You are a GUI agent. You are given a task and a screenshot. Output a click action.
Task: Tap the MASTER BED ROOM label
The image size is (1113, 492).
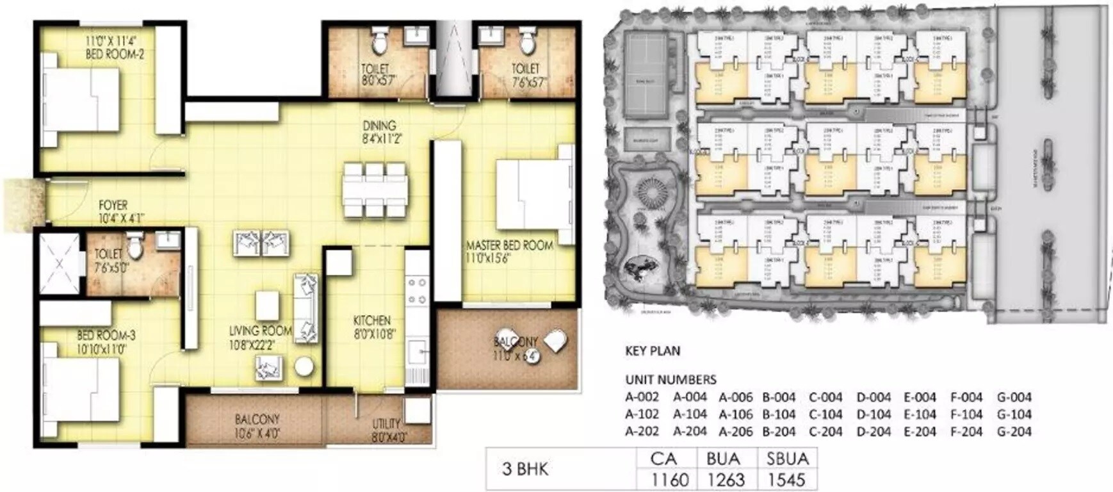(x=509, y=245)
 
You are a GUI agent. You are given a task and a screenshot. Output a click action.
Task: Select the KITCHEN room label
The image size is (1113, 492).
(x=371, y=320)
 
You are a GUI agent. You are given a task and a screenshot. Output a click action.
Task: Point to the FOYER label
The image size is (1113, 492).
(x=113, y=206)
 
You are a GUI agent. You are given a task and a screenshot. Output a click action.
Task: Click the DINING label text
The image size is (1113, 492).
(x=379, y=126)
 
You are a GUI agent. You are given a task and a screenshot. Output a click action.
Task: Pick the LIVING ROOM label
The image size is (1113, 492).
(x=260, y=331)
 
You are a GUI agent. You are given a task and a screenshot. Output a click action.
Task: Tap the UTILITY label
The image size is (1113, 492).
(x=386, y=423)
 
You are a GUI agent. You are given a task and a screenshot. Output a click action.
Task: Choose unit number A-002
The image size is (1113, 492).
(x=642, y=397)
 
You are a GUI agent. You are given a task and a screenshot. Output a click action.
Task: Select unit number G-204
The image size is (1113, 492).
(x=1014, y=432)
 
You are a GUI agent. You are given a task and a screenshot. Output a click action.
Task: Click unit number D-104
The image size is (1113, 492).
(x=873, y=414)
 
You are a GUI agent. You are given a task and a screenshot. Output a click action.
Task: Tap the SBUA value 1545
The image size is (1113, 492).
(x=786, y=479)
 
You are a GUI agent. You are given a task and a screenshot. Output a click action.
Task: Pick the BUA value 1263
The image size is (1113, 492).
(x=726, y=479)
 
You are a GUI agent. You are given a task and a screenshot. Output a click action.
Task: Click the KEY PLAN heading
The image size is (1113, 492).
(x=652, y=351)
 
